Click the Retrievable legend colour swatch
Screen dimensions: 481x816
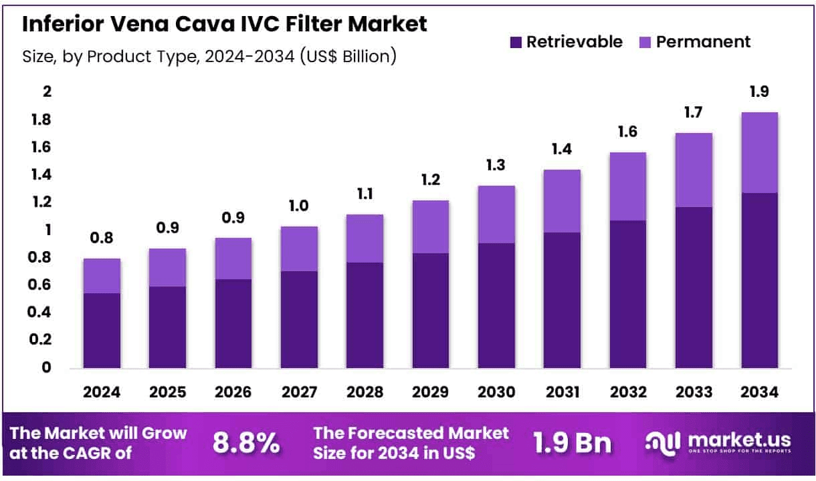(516, 42)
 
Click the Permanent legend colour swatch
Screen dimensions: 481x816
(645, 42)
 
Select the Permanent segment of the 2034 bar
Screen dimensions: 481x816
(759, 152)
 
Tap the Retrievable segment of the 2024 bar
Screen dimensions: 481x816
(102, 330)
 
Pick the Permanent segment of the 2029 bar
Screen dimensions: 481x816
(431, 226)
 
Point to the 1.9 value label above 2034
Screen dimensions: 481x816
(759, 92)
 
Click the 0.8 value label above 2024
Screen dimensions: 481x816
(102, 238)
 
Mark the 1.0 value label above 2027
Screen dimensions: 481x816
(299, 206)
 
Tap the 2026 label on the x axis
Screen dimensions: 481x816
(233, 392)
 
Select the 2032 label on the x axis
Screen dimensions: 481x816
(628, 392)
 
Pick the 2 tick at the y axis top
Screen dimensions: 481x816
(47, 92)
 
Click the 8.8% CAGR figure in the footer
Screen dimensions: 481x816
(246, 443)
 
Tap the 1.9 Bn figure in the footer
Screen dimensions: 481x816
(573, 443)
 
